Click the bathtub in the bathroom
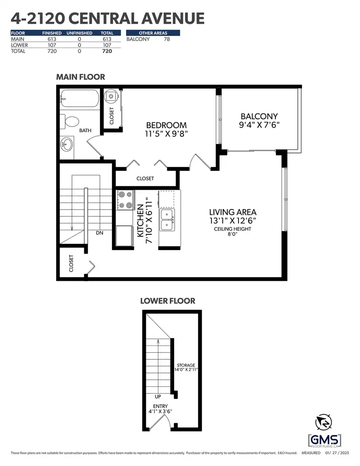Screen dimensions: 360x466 (x=79, y=98)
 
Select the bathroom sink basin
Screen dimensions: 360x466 (x=67, y=144)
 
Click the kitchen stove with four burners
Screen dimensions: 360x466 (x=125, y=200)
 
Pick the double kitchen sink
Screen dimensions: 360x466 (x=167, y=220)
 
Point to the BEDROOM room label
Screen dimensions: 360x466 (x=166, y=125)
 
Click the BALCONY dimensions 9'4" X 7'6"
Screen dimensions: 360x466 (x=259, y=125)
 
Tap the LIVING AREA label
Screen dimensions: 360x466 (x=233, y=212)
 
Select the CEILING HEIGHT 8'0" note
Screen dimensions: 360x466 (x=233, y=231)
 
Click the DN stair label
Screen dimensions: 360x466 (x=99, y=233)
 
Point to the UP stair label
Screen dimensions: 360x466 (x=158, y=396)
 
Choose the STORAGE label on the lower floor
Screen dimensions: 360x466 (x=186, y=365)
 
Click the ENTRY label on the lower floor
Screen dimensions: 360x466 (x=161, y=406)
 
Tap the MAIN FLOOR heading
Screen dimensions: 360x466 (x=81, y=77)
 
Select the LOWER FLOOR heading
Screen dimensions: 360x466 (x=168, y=301)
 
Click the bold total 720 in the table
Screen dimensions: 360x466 (x=107, y=51)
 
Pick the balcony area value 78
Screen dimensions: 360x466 (x=167, y=39)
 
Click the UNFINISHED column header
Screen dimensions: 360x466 (x=79, y=33)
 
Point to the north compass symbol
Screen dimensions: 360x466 (x=324, y=422)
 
